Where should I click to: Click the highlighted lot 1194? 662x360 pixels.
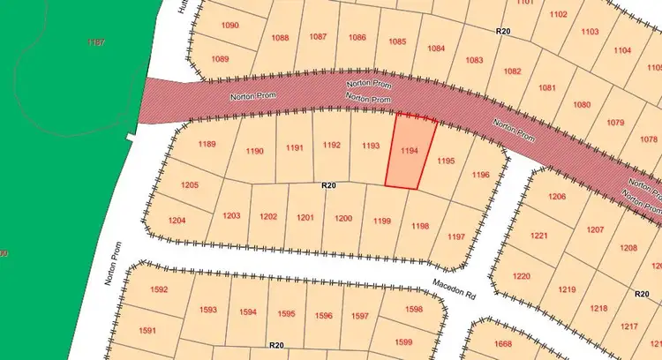(x=409, y=152)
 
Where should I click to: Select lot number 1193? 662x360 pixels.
(x=371, y=146)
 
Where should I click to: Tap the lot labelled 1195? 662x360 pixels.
(x=446, y=161)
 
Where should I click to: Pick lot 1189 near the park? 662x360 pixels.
(x=207, y=144)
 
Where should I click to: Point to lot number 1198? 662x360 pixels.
(x=420, y=227)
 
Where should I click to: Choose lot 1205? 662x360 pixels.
(x=189, y=185)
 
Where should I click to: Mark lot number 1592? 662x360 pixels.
(x=159, y=289)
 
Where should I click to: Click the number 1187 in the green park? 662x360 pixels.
(x=96, y=41)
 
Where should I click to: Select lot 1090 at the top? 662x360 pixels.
(x=229, y=26)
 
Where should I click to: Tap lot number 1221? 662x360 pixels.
(x=539, y=236)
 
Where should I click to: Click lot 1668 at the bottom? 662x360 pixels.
(x=503, y=344)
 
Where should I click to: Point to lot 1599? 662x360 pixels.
(x=403, y=341)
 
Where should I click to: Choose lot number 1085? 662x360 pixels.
(x=397, y=41)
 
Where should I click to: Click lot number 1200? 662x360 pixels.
(x=343, y=218)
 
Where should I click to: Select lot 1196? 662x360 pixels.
(x=480, y=175)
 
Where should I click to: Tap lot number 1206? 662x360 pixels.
(x=557, y=196)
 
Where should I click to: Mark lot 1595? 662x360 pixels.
(x=286, y=313)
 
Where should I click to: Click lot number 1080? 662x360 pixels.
(x=582, y=104)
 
